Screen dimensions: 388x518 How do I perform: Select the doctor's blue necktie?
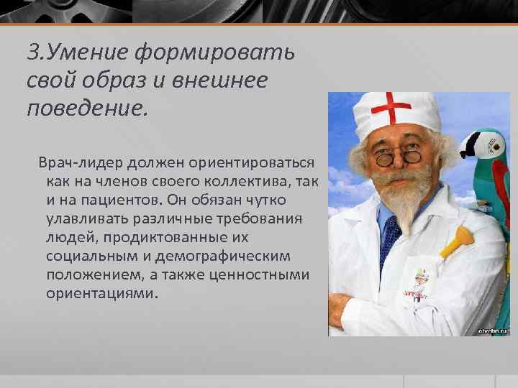coord(391,237)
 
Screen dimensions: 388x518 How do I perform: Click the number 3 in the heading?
coord(32,52)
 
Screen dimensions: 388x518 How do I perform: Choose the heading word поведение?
coord(87,108)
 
